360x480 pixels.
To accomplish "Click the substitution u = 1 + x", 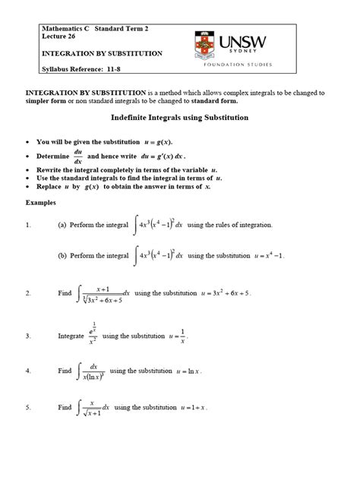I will click(190, 407).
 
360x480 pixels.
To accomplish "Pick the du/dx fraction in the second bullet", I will click(77, 155).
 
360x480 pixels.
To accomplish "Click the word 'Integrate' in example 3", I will click(71, 335).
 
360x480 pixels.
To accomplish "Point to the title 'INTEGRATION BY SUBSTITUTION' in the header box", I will click(103, 54).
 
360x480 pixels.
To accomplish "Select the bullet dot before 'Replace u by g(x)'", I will click(27, 186).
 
